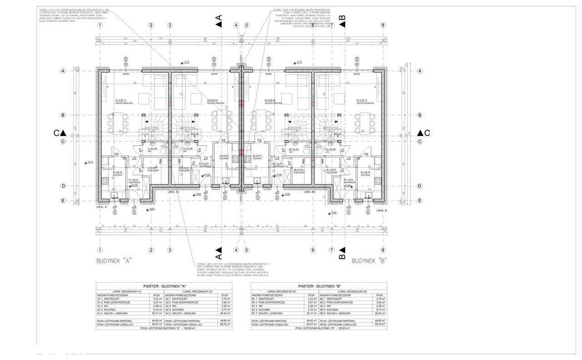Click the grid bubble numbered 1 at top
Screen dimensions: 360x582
[x=100, y=25]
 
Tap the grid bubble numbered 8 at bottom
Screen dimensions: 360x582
[x=383, y=250]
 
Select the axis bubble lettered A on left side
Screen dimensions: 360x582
[x=64, y=71]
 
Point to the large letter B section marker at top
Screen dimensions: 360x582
[x=343, y=18]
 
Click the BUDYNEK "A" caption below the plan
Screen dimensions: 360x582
[x=114, y=261]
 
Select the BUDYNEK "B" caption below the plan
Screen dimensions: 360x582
[x=370, y=261]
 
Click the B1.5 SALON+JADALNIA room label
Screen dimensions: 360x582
[x=365, y=102]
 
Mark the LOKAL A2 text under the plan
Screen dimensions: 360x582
[x=174, y=192]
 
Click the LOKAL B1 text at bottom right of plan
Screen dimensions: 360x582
[x=382, y=210]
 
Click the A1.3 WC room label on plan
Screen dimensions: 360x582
[x=154, y=150]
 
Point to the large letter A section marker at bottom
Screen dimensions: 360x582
[x=218, y=250]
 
